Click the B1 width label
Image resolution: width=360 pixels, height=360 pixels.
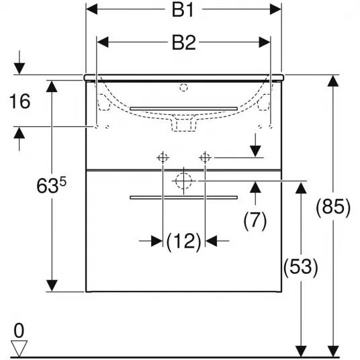(183, 10)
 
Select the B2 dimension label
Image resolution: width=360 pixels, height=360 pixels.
(183, 43)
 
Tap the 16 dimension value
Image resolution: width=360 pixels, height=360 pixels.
(19, 101)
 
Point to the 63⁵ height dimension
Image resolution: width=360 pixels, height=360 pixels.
(52, 185)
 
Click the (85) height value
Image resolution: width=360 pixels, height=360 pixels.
(333, 208)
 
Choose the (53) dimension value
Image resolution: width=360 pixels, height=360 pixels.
(301, 267)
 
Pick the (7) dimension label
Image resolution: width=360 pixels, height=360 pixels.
(255, 221)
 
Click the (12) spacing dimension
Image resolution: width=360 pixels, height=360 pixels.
(183, 242)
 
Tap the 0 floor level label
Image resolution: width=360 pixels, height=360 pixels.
(19, 330)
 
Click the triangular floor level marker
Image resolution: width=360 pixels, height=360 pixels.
(19, 348)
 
